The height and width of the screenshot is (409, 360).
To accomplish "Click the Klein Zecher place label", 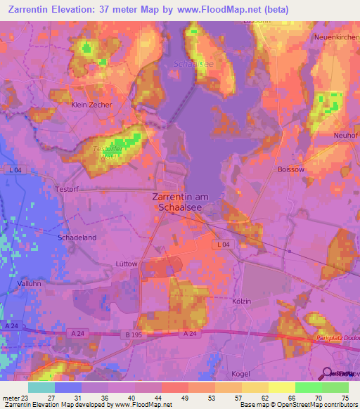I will (91, 105).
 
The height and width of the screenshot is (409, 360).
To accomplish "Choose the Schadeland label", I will (77, 238).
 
